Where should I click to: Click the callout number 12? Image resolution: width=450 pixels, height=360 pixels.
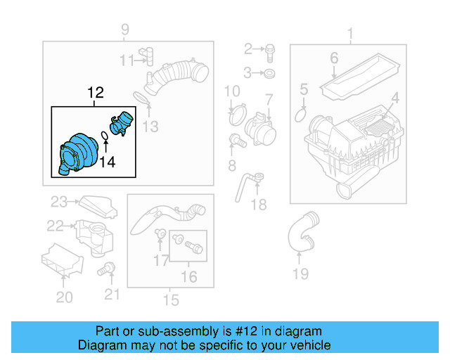95,92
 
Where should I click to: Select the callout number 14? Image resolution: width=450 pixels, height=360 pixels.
106,163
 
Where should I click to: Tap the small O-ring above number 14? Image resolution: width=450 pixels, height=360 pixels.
104,135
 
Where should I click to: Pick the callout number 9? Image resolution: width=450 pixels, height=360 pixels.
125,30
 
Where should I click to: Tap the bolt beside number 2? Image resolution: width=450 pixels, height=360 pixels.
271,49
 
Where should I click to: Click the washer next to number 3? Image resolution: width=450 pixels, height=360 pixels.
271,73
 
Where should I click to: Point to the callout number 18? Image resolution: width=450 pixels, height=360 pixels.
259,205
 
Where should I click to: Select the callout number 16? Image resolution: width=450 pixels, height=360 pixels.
188,277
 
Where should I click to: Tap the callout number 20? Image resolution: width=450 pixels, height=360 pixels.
64,297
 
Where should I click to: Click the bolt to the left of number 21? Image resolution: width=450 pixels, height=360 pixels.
108,268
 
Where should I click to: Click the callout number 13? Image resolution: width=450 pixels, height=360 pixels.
150,127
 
